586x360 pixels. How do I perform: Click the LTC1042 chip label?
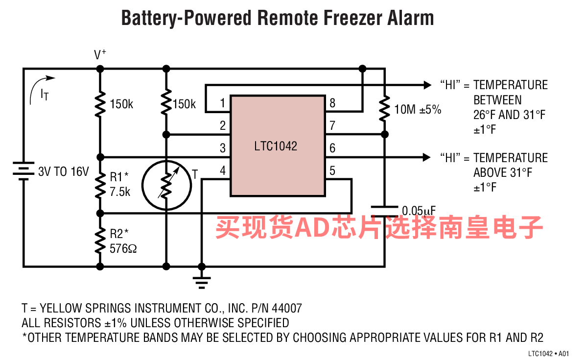276,146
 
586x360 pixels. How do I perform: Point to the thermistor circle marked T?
166,185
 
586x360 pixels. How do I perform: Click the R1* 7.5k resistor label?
119,184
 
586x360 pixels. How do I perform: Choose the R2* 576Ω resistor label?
123,241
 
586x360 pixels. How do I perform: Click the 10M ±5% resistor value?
418,110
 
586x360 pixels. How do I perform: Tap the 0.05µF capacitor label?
419,211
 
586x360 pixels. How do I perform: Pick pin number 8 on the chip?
332,103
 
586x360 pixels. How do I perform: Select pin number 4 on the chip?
223,171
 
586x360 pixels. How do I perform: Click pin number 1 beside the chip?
222,103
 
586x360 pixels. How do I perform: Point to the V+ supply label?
100,54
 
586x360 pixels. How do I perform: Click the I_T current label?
45,94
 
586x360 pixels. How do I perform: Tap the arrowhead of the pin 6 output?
427,157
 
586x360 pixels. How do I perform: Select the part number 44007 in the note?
287,308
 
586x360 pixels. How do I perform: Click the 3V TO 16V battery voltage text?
64,171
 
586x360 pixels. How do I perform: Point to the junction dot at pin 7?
385,134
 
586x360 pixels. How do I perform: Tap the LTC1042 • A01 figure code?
548,353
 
